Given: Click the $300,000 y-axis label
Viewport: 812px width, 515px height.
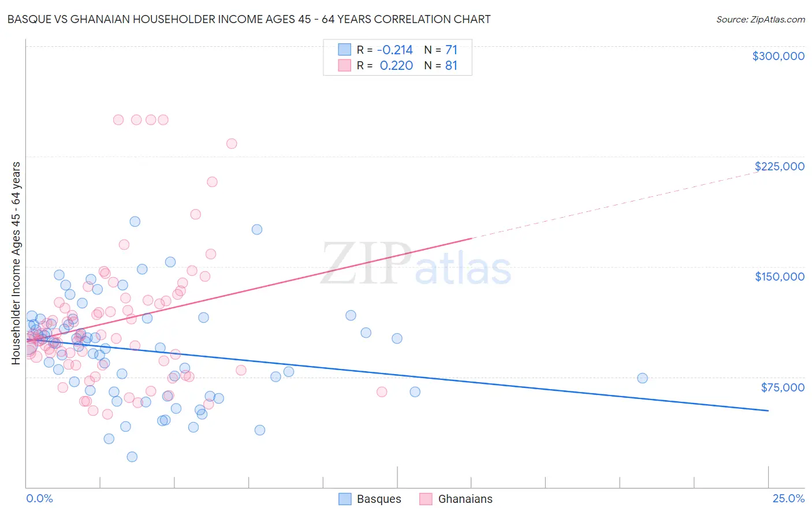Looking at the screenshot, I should [x=778, y=56].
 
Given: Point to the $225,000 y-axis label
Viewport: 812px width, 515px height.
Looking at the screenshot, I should [x=779, y=166].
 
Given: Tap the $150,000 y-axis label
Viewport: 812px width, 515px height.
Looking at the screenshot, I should [x=779, y=277].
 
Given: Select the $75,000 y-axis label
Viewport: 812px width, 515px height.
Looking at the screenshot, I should [x=782, y=387].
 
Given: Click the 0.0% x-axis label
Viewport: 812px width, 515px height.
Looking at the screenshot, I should [x=39, y=499].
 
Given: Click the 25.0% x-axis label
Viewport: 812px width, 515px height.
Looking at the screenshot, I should [x=788, y=499].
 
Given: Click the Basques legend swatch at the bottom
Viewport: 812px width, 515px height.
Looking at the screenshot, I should [x=345, y=499].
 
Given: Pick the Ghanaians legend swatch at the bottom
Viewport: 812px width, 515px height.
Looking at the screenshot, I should [x=426, y=499].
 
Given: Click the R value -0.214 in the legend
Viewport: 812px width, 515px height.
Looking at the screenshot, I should [x=395, y=50].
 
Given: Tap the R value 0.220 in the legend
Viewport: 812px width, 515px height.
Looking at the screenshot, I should [x=396, y=66].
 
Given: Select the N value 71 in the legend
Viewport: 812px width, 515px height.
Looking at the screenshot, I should [x=451, y=50].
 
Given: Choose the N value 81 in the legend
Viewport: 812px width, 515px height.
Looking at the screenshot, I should [x=451, y=66].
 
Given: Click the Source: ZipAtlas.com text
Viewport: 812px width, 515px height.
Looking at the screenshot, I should [x=760, y=19].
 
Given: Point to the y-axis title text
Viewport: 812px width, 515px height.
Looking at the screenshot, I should [x=16, y=263].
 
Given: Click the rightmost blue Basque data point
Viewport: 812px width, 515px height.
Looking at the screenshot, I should [x=642, y=378].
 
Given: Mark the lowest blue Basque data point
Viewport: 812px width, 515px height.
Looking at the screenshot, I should [x=132, y=457].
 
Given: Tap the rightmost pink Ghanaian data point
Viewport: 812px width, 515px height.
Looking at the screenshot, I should [x=381, y=392].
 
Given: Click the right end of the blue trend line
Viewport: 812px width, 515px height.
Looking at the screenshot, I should [x=768, y=410].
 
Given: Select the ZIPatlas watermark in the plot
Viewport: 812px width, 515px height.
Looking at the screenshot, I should [x=416, y=264].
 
